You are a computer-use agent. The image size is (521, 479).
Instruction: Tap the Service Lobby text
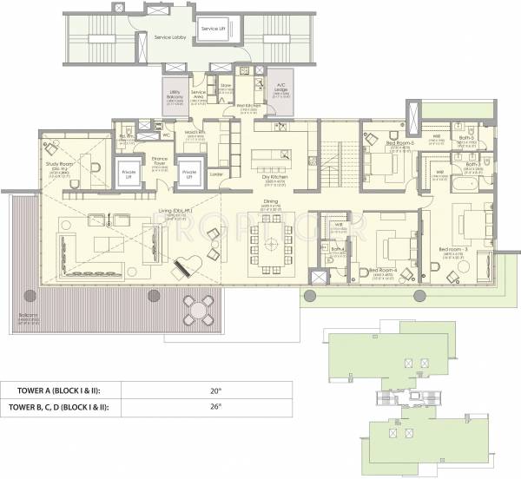pos(172,38)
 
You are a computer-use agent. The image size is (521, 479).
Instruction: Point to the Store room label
pos(226,86)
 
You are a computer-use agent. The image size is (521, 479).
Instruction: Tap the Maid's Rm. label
pos(194,131)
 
